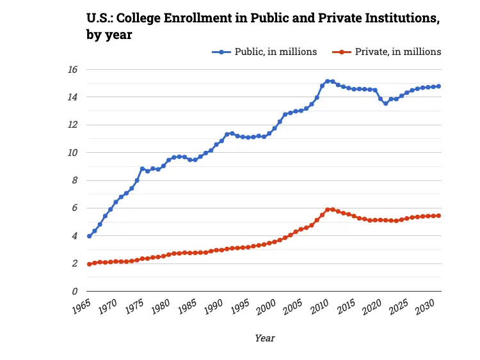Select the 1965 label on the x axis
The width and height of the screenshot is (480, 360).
(81, 305)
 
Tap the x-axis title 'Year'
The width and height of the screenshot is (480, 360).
(265, 338)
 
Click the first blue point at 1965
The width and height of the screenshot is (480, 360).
(89, 236)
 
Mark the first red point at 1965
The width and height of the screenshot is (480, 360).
(89, 264)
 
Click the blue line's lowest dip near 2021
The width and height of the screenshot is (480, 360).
(385, 103)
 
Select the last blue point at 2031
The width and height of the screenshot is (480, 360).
(438, 86)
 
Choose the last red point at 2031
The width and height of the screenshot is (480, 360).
(438, 215)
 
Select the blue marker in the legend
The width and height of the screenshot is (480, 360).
(221, 52)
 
